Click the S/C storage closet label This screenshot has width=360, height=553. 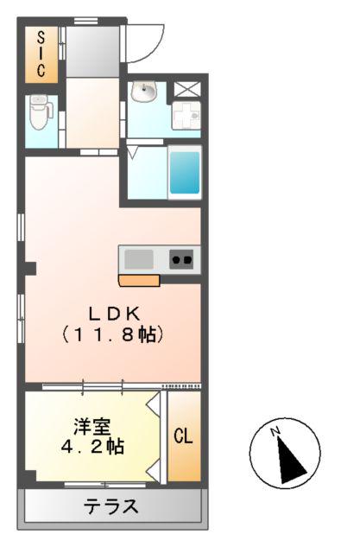point(41,54)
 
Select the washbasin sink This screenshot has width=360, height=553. point(144,91)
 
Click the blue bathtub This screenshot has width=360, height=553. point(184,171)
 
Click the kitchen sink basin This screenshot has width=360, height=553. point(138,258)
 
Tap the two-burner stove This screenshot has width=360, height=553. point(181,258)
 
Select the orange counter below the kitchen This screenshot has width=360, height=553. point(139,280)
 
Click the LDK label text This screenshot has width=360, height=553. point(112,314)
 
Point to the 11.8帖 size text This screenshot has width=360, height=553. point(112,334)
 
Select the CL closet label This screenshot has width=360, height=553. point(183,436)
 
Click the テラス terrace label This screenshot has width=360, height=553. point(111,506)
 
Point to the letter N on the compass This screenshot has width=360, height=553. point(275,431)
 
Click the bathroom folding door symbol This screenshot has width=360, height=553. point(134,153)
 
